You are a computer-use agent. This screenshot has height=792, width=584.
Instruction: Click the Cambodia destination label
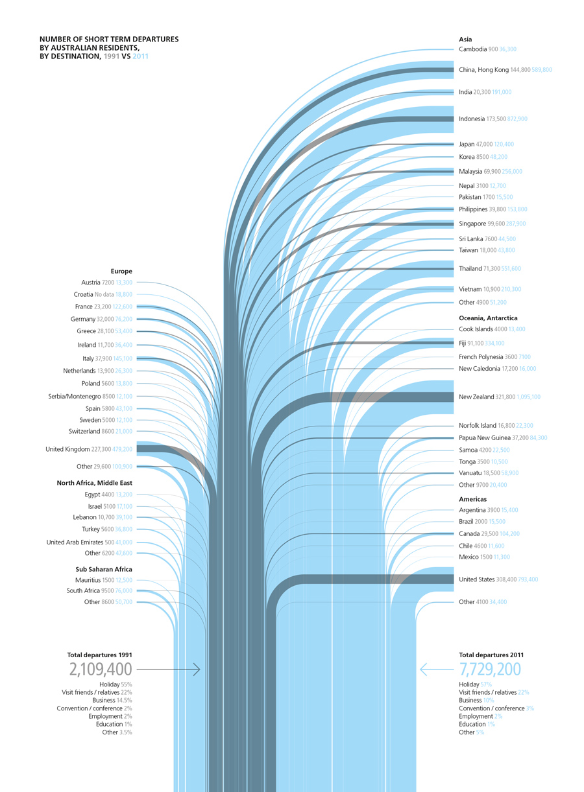pos(473,49)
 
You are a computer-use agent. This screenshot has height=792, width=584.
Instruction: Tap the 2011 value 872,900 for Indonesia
pos(517,119)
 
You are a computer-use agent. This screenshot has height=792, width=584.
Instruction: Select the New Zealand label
pos(476,397)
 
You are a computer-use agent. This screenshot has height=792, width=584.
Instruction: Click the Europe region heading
pos(121,271)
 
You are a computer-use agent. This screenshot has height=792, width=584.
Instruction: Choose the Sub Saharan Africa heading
pos(104,569)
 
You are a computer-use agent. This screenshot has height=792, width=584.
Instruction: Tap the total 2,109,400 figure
pos(101,670)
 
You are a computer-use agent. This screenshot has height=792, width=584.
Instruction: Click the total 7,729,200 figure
pos(490,670)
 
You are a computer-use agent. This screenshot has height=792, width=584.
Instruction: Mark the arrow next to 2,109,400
pos(169,669)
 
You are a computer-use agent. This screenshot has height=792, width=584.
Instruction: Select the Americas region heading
pos(472,499)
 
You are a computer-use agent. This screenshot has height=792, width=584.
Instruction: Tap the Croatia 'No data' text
pos(104,294)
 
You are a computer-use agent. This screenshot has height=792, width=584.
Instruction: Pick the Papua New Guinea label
pos(485,438)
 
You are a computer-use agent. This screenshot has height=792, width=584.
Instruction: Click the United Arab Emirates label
pos(75,542)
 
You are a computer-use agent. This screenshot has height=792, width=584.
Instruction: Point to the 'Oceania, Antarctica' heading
pos(488,318)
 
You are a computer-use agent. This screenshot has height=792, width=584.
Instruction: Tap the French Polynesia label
pos(480,357)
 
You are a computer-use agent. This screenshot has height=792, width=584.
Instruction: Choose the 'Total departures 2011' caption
pos(491,655)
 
